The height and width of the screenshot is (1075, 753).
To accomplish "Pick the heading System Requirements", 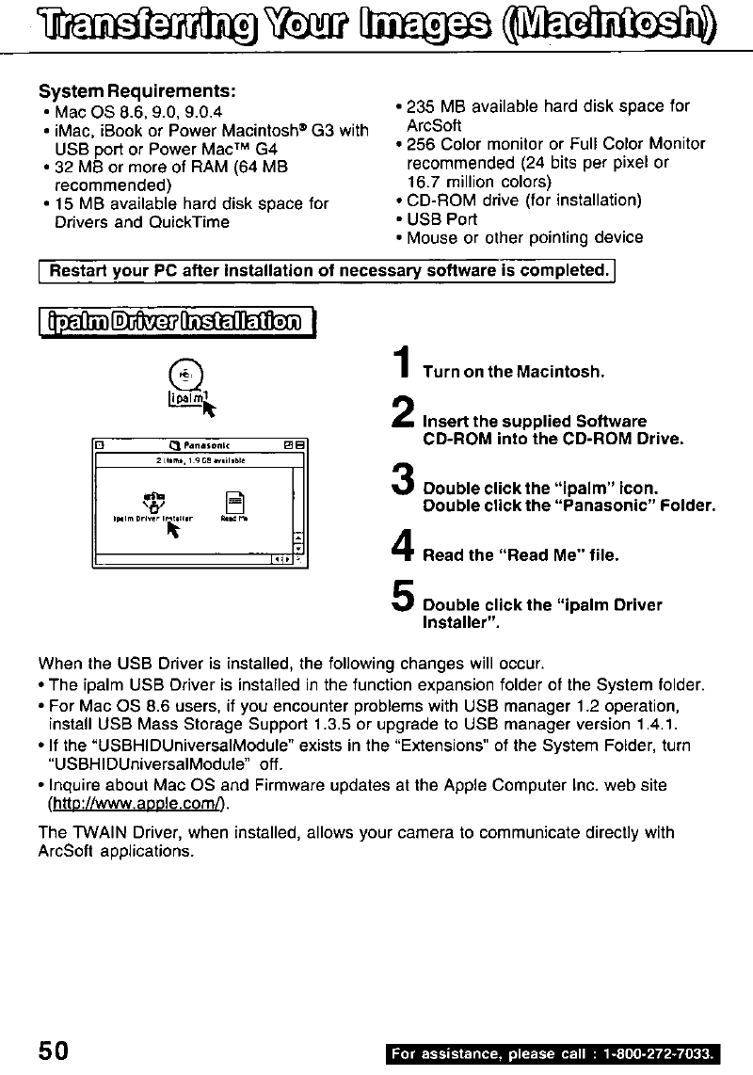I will pos(136,93).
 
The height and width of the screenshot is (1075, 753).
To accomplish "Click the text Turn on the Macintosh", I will pos(513,372).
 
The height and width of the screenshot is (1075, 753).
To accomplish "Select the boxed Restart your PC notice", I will pos(327,271).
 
